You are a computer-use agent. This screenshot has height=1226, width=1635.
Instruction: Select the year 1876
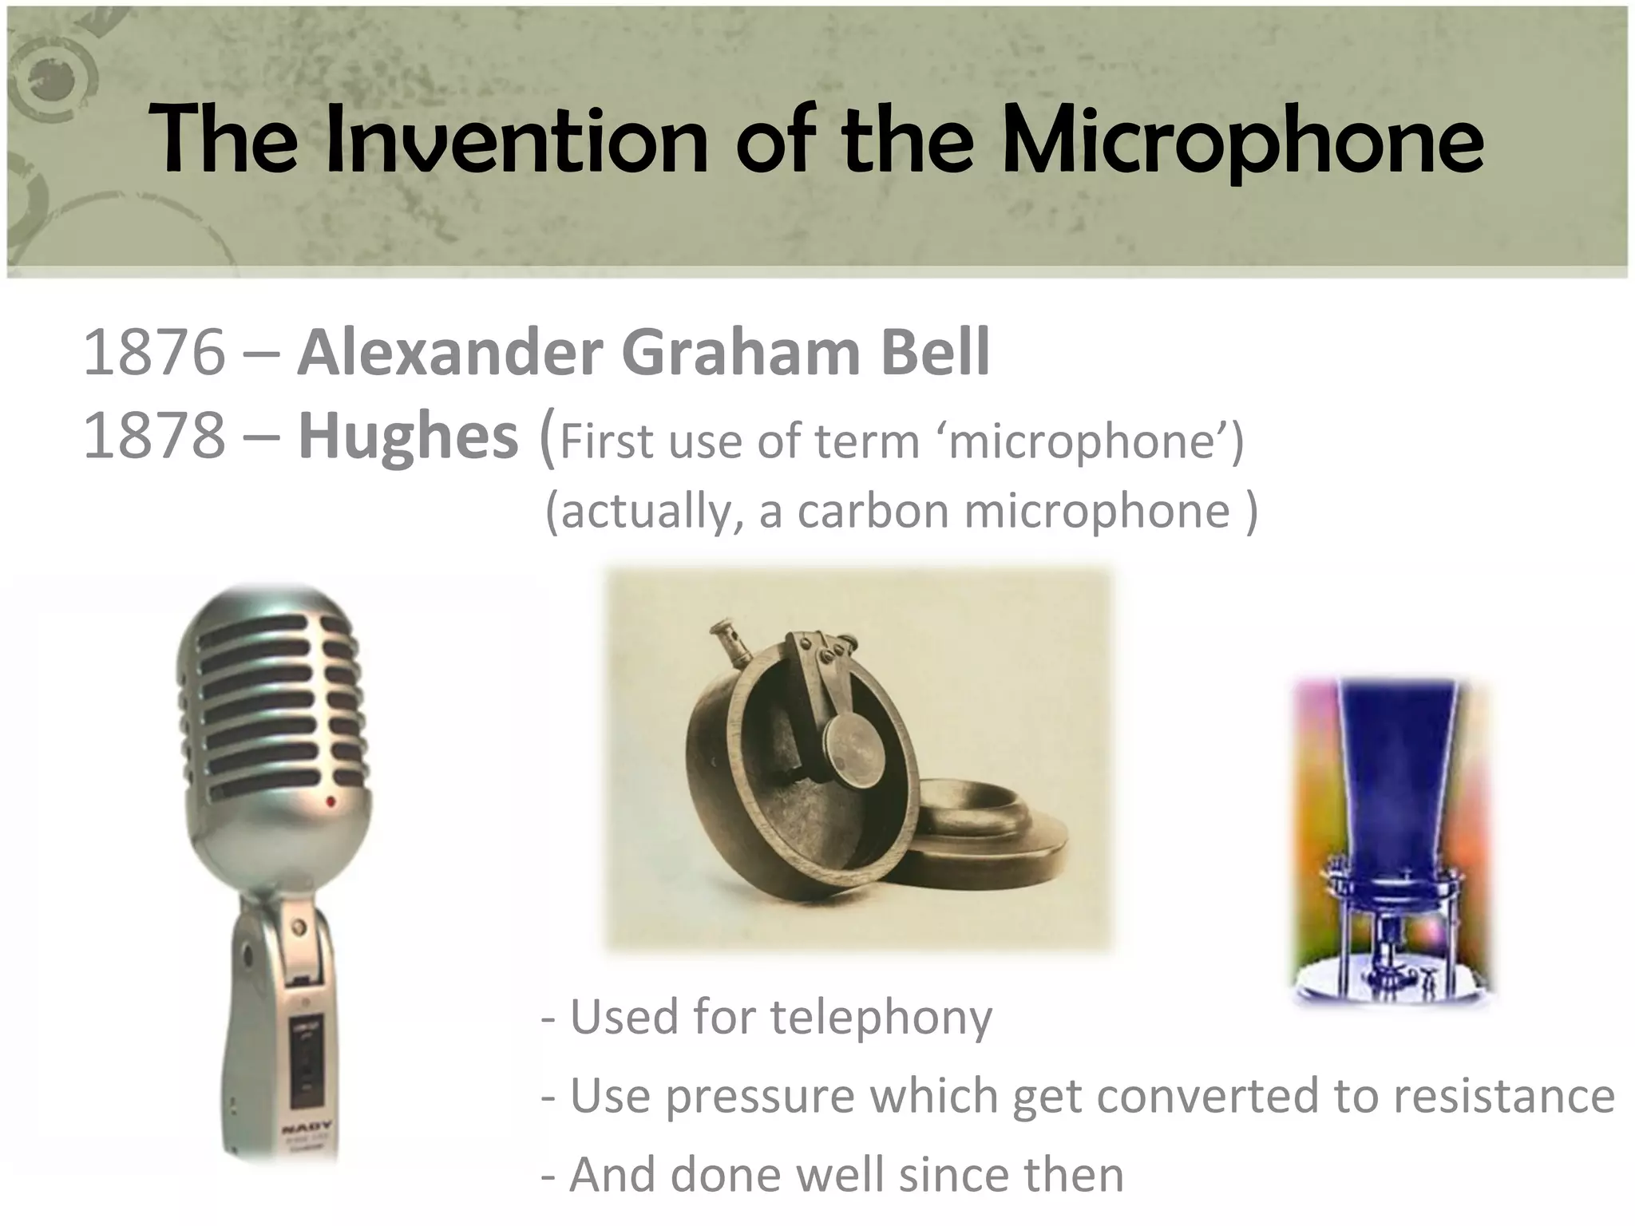point(154,353)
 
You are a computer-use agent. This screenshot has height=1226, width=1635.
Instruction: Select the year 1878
point(154,437)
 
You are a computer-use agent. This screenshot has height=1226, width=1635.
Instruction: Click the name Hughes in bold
point(408,437)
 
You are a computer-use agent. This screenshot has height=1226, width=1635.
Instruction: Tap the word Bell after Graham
point(935,353)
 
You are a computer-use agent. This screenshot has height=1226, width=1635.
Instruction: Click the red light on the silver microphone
point(331,799)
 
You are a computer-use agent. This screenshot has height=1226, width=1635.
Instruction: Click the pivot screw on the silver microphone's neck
point(299,929)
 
